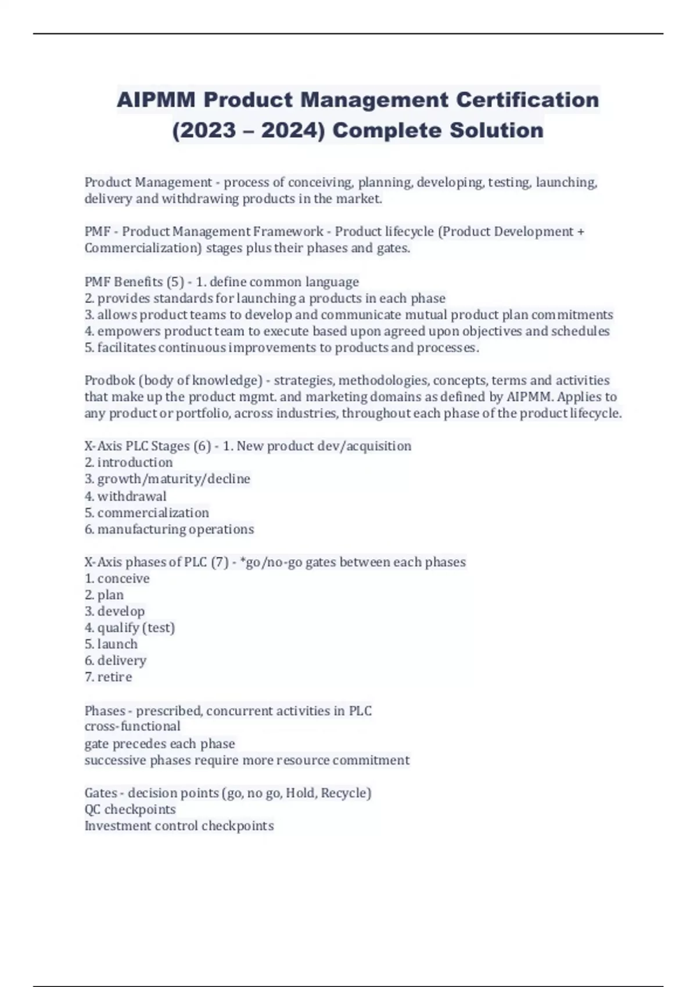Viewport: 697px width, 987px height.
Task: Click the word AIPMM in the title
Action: (x=155, y=100)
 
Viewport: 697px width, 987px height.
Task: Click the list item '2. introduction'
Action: (x=128, y=463)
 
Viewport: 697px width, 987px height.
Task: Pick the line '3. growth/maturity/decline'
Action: (x=167, y=479)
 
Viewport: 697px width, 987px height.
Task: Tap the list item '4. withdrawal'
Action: (x=125, y=496)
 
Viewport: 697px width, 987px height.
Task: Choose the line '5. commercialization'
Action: (x=146, y=513)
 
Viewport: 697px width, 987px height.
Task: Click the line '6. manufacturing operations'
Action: (x=169, y=529)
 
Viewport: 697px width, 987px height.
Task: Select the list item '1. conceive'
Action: (x=117, y=579)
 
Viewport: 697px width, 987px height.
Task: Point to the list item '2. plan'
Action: (x=104, y=595)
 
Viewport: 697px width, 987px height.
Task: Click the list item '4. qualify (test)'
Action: (x=130, y=628)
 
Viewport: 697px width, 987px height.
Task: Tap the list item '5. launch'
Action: (x=111, y=644)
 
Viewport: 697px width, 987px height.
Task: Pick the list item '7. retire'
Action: (x=108, y=677)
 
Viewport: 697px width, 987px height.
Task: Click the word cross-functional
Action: (x=132, y=726)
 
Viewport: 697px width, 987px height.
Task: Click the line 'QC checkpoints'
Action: (x=130, y=809)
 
